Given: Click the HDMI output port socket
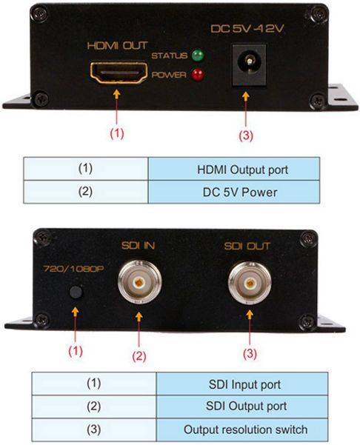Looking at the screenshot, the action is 119,73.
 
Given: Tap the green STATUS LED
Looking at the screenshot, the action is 198,56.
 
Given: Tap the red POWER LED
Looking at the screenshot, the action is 197,75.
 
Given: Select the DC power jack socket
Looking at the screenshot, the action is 250,64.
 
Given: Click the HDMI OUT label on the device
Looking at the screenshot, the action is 117,46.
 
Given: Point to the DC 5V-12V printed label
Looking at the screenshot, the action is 247,29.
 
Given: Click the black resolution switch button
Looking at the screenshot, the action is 76,292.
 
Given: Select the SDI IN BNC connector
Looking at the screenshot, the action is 140,282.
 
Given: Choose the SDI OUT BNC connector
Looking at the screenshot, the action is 250,283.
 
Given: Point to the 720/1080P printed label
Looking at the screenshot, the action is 73,269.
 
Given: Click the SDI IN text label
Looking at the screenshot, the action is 139,246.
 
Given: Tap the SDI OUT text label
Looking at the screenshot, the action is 247,246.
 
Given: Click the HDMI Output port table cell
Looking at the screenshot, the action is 234,169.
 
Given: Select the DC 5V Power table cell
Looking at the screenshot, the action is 234,192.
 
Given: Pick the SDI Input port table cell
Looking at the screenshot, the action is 242,384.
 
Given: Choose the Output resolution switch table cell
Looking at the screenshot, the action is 242,429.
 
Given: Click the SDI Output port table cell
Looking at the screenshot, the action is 242,406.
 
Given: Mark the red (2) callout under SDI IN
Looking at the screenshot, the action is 139,356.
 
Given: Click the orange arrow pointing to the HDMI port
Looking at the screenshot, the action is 117,107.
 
